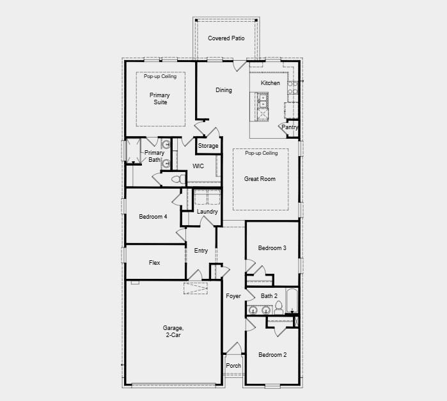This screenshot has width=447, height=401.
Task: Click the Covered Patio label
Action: pyautogui.click(x=226, y=38)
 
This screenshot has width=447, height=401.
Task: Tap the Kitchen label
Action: pyautogui.click(x=270, y=83)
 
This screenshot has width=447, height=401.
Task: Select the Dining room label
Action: pyautogui.click(x=224, y=90)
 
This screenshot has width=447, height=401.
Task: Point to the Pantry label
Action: pyautogui.click(x=290, y=127)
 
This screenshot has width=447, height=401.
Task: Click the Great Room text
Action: pyautogui.click(x=260, y=179)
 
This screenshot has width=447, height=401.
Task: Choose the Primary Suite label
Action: pyautogui.click(x=160, y=98)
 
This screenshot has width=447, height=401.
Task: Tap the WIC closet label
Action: pyautogui.click(x=198, y=166)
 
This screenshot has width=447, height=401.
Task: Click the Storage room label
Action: pyautogui.click(x=208, y=146)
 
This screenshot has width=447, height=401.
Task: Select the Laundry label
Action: pyautogui.click(x=207, y=212)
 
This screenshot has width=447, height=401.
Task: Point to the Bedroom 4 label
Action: pyautogui.click(x=153, y=217)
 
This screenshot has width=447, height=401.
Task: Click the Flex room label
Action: pyautogui.click(x=154, y=263)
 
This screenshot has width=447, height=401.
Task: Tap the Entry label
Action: pyautogui.click(x=201, y=251)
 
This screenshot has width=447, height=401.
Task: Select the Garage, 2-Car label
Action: pyautogui.click(x=171, y=331)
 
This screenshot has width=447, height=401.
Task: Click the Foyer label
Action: pyautogui.click(x=233, y=296)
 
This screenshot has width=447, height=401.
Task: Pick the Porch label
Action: pyautogui.click(x=233, y=366)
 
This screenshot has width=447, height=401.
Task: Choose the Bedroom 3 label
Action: pyautogui.click(x=272, y=248)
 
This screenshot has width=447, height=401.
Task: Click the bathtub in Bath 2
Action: pyautogui.click(x=290, y=301)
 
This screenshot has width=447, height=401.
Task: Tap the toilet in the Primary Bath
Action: pyautogui.click(x=166, y=180)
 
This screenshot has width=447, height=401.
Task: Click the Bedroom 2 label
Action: pyautogui.click(x=272, y=355)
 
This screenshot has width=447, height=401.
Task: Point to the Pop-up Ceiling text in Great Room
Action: pyautogui.click(x=261, y=153)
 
